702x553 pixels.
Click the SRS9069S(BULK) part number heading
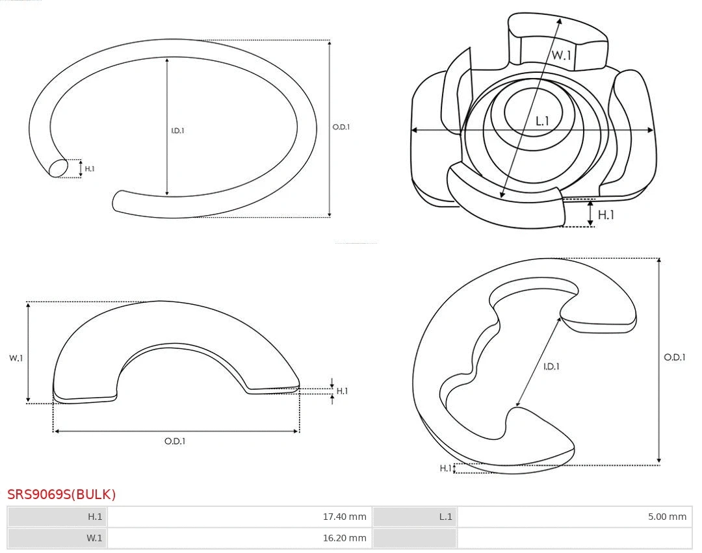click(61, 494)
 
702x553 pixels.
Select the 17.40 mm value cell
click(239, 517)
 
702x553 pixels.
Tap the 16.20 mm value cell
click(239, 538)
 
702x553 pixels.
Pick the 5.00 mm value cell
click(575, 517)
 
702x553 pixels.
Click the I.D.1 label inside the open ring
click(177, 131)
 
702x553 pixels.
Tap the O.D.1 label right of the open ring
click(341, 127)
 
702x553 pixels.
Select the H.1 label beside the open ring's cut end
click(90, 169)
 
